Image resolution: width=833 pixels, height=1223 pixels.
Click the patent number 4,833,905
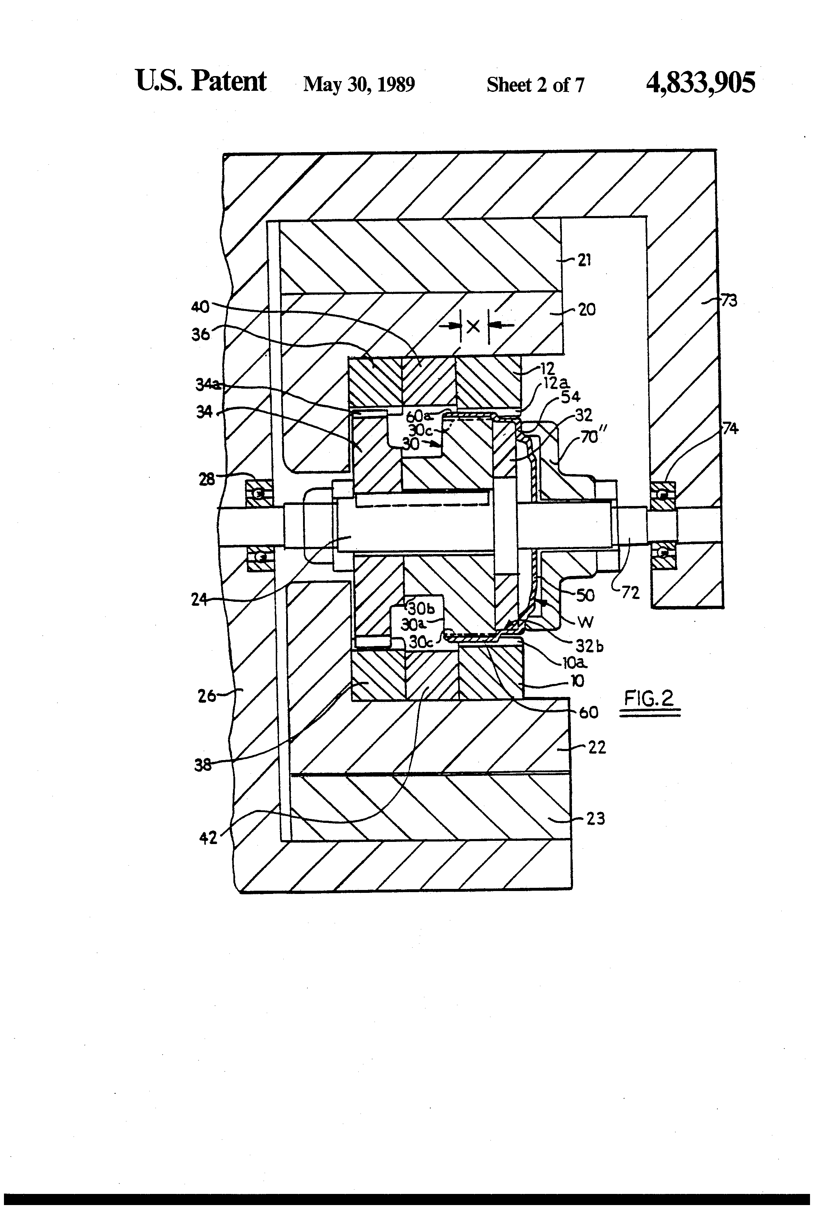(x=700, y=83)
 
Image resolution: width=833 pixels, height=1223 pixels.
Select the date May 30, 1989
(x=359, y=84)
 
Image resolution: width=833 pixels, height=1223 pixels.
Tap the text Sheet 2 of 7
(x=535, y=85)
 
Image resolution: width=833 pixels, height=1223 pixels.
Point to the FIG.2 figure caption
(x=649, y=698)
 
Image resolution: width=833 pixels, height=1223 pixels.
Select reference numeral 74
(x=730, y=429)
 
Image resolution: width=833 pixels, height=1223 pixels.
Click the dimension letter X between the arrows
(x=473, y=326)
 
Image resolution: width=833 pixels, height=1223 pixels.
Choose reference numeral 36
(x=201, y=334)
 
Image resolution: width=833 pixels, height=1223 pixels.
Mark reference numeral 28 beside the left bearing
(x=206, y=479)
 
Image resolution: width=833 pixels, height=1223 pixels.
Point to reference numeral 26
(x=207, y=696)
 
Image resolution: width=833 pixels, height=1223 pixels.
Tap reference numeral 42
(x=209, y=837)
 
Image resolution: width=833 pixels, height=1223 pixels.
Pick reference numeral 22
(x=597, y=747)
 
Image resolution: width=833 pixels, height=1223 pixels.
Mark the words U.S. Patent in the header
(x=201, y=81)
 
